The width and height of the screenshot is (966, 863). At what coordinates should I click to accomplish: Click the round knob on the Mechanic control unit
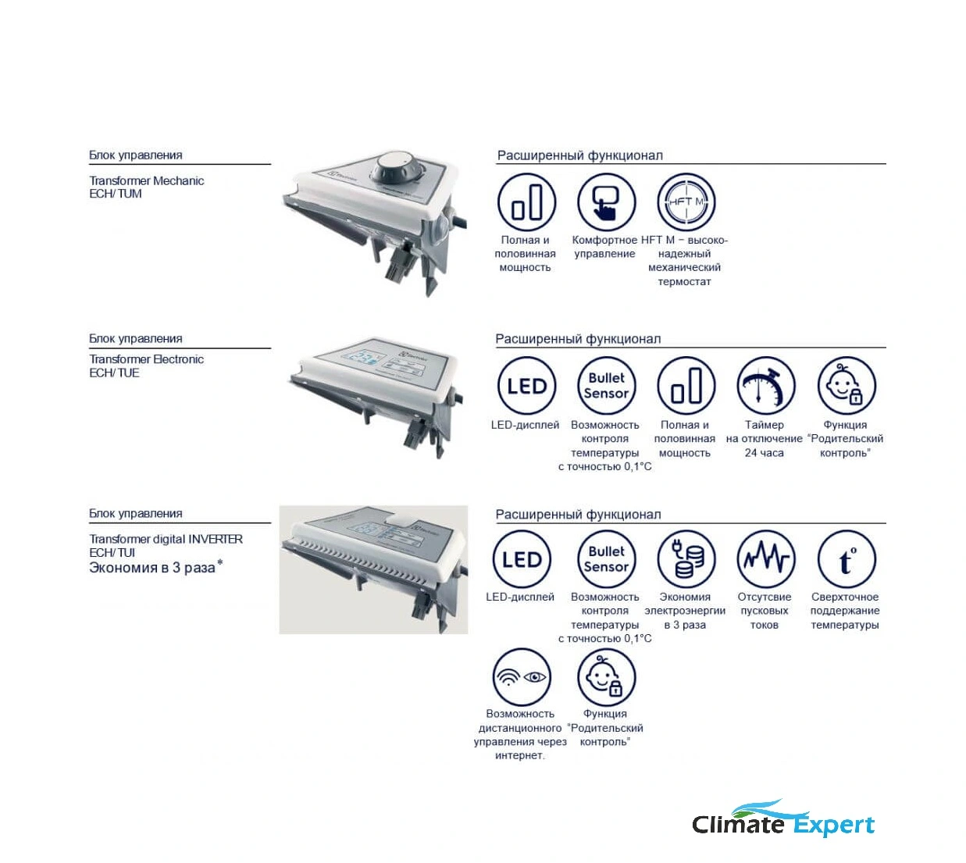(x=395, y=169)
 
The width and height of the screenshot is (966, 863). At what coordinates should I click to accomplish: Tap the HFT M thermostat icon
(x=686, y=201)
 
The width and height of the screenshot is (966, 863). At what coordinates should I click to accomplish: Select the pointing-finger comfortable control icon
(x=606, y=201)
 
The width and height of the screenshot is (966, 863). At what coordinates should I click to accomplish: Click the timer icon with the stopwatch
(x=765, y=385)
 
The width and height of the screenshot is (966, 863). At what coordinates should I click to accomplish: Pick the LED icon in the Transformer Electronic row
(x=526, y=385)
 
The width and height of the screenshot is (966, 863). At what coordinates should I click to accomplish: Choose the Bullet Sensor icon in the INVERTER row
(x=606, y=559)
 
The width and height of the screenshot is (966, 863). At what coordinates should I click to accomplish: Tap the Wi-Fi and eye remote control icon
(x=521, y=676)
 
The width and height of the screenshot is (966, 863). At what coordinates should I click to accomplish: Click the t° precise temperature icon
(x=847, y=559)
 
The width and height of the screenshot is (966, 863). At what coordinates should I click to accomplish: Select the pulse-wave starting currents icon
(x=765, y=559)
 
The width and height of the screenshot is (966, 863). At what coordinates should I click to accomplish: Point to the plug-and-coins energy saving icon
(x=686, y=559)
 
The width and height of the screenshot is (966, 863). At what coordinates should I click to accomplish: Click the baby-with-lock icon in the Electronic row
(x=847, y=385)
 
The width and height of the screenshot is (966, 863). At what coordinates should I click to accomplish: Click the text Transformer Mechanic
(x=146, y=180)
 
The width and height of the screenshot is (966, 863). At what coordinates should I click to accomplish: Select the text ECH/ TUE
(x=114, y=373)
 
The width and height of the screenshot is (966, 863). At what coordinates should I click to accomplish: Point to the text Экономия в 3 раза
(x=152, y=567)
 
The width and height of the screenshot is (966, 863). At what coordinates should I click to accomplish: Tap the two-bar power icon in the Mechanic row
(x=526, y=201)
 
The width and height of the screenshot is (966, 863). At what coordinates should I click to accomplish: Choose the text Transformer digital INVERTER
(x=166, y=539)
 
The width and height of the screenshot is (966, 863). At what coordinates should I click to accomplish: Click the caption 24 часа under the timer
(x=764, y=452)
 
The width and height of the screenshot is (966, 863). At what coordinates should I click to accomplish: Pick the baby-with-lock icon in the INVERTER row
(x=606, y=676)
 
